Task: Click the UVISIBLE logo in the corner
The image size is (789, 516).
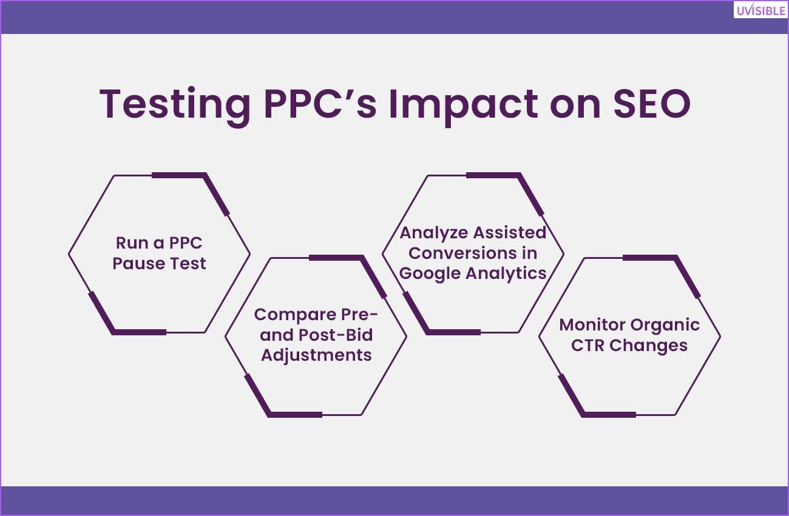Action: coord(761,10)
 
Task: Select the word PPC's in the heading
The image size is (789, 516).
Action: coord(320,103)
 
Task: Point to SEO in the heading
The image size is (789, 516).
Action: coord(652,104)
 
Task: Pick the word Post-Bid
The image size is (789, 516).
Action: coord(335,335)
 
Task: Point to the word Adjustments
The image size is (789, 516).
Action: coord(316,355)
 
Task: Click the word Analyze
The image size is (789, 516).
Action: coord(433,233)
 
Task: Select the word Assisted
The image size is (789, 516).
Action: coord(510,233)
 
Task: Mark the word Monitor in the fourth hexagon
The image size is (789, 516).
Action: coord(591,325)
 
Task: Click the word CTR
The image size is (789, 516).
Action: coord(588,345)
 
